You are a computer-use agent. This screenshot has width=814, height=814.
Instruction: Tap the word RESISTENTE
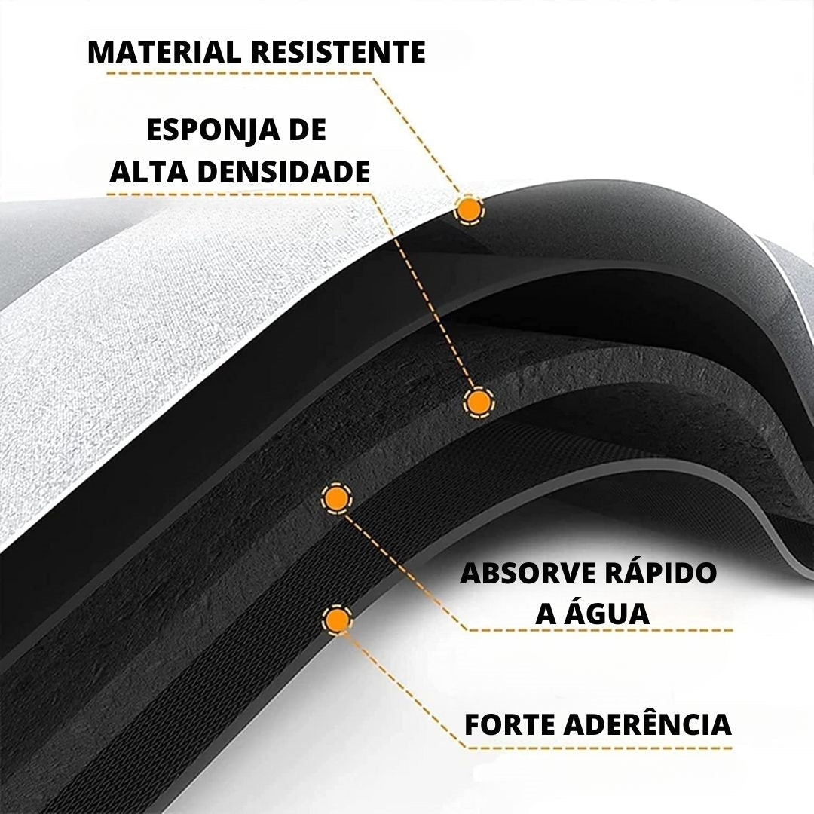pos(338,52)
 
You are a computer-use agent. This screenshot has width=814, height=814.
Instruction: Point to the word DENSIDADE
pos(283,172)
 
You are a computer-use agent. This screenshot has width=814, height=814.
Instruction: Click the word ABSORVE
pos(528,573)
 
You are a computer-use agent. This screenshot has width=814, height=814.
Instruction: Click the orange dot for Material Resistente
pos(470,210)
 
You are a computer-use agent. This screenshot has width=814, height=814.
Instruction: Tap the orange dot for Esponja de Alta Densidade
pos(479,402)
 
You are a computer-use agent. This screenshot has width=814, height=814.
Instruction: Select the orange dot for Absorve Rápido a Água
pos(337,499)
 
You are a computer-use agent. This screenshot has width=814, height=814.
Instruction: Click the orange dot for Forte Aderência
pos(338,620)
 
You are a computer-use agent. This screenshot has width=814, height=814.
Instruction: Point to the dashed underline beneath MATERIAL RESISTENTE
pos(240,73)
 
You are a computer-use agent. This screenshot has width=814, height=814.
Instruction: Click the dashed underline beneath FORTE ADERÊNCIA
pos(600,748)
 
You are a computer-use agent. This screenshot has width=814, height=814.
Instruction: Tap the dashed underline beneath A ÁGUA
pos(601,630)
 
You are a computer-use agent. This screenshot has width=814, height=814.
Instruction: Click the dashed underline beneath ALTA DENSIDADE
pos(240,194)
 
